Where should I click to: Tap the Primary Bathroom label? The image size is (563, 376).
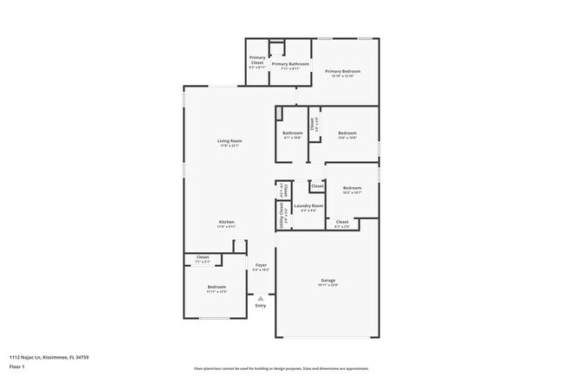point(290,63)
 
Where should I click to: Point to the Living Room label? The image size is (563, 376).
point(230,140)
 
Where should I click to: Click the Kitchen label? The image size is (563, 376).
point(226,222)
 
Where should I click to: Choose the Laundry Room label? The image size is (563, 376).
point(307,206)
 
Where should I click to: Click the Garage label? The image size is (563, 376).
point(328,281)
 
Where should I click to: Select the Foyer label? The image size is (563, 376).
point(261,265)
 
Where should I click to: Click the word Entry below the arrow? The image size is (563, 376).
point(261,305)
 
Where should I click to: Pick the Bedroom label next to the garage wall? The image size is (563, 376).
point(216,287)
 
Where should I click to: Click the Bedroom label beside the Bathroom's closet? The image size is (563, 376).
point(347,133)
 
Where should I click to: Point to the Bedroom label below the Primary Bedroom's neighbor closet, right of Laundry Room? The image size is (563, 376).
point(352,188)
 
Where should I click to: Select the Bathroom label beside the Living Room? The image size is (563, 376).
point(293,133)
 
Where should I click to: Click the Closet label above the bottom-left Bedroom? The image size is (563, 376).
point(203,257)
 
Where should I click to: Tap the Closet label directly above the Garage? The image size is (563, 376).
point(342,222)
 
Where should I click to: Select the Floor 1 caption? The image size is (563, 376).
point(18,367)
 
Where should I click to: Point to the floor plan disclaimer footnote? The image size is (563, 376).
point(281,367)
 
